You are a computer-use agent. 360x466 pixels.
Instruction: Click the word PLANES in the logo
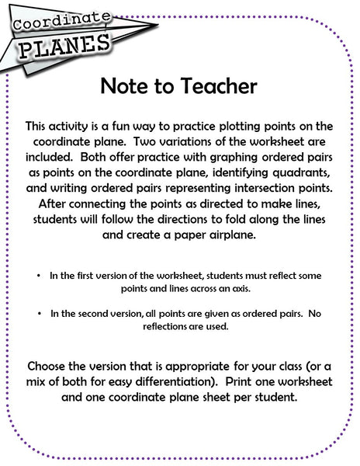(64, 45)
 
